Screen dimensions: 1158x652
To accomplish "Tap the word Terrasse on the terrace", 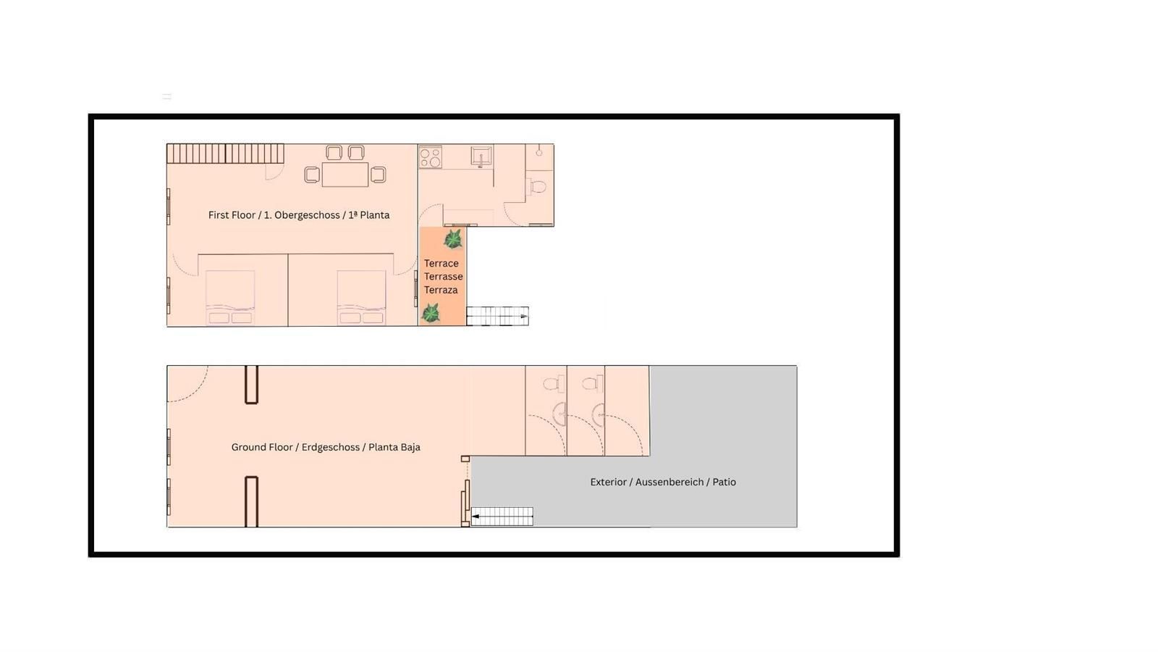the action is [443, 276].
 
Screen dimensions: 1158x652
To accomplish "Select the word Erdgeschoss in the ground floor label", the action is [330, 447].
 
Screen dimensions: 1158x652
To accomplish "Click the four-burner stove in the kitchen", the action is [430, 156].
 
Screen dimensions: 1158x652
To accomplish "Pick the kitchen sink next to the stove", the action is [481, 155].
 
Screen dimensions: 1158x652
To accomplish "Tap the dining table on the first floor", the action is [345, 175].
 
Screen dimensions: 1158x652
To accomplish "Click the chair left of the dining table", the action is [312, 175].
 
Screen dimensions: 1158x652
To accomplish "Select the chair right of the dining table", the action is [379, 175].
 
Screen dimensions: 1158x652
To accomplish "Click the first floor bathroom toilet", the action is [536, 186].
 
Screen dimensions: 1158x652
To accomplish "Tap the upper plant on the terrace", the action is [453, 239].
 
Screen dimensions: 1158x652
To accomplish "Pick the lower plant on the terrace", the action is [430, 313].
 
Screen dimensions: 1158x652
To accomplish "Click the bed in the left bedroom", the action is [230, 298].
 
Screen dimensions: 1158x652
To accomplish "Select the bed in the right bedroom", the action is [361, 298].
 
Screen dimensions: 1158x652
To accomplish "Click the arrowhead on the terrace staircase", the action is [524, 316].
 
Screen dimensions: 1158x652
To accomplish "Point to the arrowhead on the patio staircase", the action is [475, 516].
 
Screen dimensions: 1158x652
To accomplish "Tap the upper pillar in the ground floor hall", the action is [251, 385].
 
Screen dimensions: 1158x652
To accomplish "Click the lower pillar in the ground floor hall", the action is [251, 501].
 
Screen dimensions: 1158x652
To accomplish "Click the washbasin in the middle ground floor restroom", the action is [599, 414].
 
